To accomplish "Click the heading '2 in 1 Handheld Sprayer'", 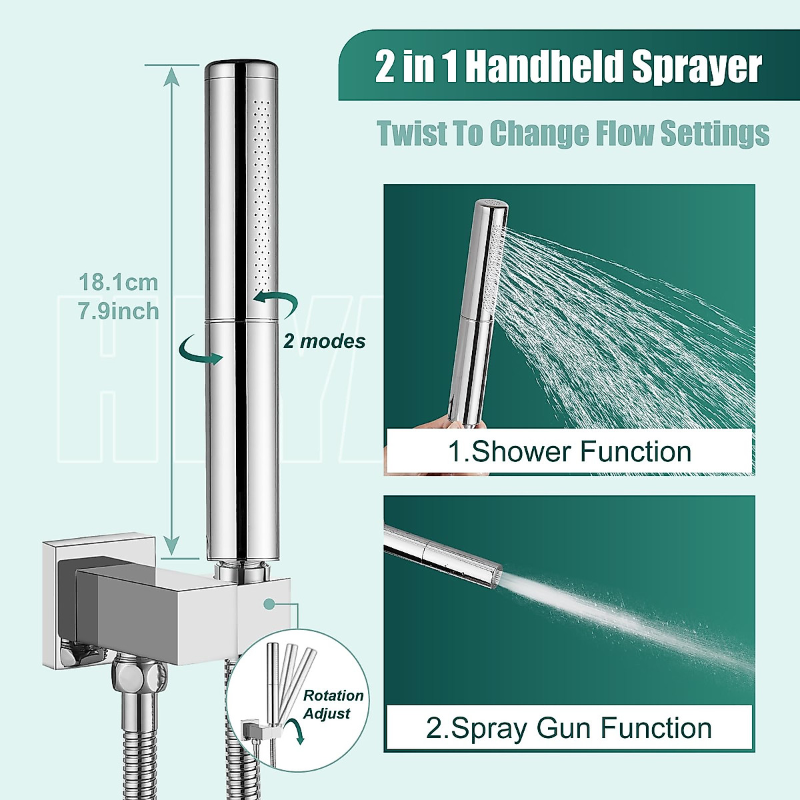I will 569,67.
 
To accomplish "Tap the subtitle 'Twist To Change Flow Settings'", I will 573,133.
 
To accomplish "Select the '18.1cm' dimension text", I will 119,282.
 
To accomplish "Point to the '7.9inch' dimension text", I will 119,311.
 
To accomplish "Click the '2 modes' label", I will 324,341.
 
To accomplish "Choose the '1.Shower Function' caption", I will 569,452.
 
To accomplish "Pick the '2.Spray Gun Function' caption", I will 569,728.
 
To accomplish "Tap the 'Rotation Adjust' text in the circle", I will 333,704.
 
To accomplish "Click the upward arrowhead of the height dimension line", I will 173,75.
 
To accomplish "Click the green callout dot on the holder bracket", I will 269,604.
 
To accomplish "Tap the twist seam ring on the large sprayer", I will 241,322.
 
